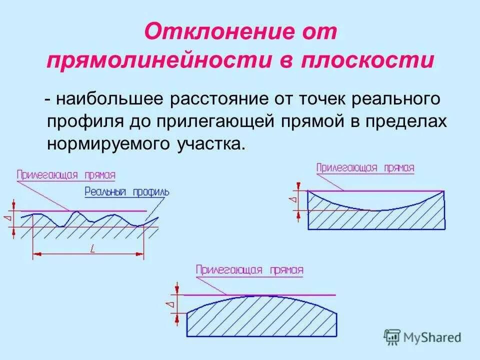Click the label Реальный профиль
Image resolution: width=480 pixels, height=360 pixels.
127,191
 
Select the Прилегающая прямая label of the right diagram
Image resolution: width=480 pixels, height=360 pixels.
365,168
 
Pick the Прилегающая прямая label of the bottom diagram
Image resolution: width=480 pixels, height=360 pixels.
249,270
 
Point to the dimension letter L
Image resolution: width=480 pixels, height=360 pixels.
92,248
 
